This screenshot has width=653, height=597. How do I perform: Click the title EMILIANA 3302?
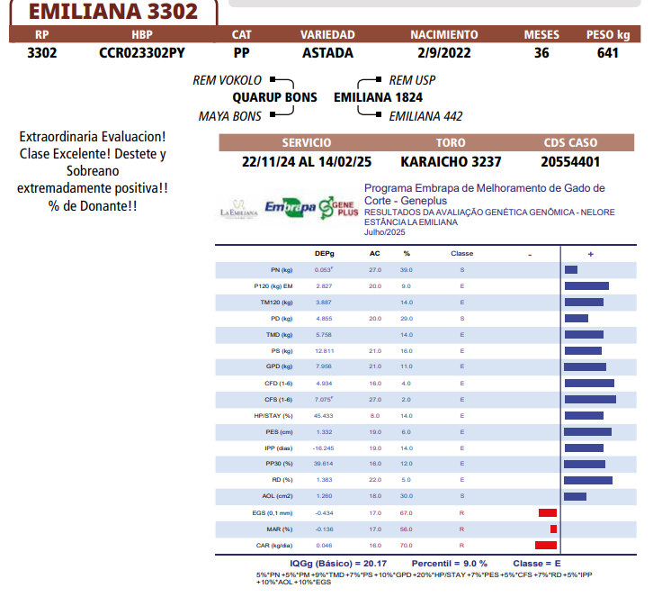coord(113,13)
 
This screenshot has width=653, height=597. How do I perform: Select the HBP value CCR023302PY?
coord(142,52)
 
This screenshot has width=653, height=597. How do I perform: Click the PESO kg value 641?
coord(607,52)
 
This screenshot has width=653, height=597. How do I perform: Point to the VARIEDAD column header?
coord(327,35)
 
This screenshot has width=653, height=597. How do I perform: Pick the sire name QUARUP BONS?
coord(274,97)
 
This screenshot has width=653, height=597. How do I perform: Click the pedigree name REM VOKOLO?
coord(228,80)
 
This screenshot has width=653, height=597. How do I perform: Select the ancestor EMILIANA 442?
coord(425,116)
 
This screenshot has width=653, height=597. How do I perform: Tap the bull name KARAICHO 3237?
coord(451,162)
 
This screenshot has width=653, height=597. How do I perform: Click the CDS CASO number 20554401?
coord(570,162)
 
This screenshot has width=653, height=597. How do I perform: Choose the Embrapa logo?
coord(289,208)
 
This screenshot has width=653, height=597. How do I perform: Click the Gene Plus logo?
coord(339,207)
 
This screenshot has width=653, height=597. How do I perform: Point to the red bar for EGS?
coord(547,512)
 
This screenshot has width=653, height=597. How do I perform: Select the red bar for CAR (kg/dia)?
coord(545,545)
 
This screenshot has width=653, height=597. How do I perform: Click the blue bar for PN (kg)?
coord(571,269)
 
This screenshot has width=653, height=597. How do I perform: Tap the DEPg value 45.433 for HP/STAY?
coord(323,416)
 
